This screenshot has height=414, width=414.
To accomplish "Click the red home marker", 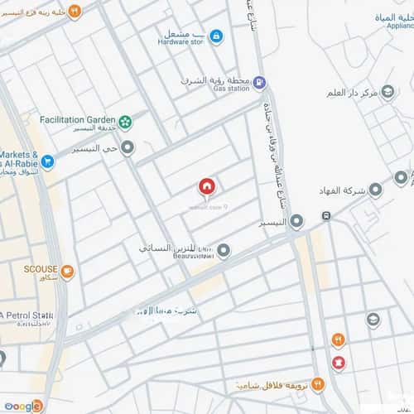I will coord(206,187).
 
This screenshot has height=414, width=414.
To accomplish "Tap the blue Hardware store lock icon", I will coord(215,36).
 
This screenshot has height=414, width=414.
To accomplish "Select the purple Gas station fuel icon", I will coord(259,82).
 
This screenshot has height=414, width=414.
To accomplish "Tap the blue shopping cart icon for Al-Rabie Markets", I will coord(48,162).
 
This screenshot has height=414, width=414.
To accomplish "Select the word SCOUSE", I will coord(39,270).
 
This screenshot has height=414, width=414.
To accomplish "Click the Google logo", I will coord(22,405).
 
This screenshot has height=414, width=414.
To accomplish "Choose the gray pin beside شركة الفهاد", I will coord(376,190).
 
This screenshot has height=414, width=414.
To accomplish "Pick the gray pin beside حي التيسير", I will coord(128,148).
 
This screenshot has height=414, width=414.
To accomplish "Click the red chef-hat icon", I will coord(338,363).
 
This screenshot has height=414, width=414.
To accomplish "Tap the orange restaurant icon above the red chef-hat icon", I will coord(338,339).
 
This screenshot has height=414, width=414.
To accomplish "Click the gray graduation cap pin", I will coord(373,320).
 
